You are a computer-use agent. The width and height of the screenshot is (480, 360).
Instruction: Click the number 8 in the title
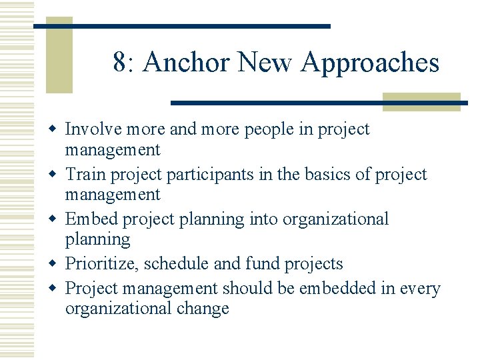pyautogui.click(x=120, y=63)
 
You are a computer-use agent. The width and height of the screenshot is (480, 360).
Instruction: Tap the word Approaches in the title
pyautogui.click(x=370, y=63)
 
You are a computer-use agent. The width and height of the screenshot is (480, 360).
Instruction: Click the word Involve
pyautogui.click(x=91, y=129)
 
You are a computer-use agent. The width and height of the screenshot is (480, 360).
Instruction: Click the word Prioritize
pyautogui.click(x=101, y=264)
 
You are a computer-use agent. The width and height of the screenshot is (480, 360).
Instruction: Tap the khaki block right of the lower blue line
pyautogui.click(x=421, y=101)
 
